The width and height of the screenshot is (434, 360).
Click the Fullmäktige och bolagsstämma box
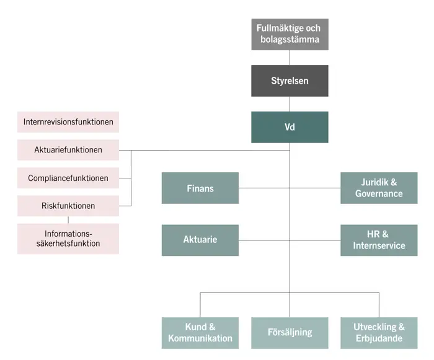290,34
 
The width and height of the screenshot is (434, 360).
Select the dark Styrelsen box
290,81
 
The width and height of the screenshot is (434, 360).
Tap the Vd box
290,127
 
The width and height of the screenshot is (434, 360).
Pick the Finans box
200,188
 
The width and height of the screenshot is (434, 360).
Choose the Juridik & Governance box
379,188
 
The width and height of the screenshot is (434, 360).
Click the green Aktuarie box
200,240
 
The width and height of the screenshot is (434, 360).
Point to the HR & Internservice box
379,240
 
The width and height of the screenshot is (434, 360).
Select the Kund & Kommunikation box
200,333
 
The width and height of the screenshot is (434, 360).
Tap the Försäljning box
290,333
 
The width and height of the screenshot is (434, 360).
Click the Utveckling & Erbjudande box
379,333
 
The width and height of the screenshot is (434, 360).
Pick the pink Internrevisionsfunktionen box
68,122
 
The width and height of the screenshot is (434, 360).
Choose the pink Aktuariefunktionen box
68,150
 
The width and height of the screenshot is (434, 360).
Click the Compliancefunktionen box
68,178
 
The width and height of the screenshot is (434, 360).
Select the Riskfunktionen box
68,206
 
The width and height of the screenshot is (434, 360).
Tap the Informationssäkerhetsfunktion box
68,239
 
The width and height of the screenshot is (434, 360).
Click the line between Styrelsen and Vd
290,104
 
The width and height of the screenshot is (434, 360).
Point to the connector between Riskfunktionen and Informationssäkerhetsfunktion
68,220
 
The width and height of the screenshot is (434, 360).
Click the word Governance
379,193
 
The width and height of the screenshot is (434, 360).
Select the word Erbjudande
379,338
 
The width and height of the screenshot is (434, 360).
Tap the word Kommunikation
200,338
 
